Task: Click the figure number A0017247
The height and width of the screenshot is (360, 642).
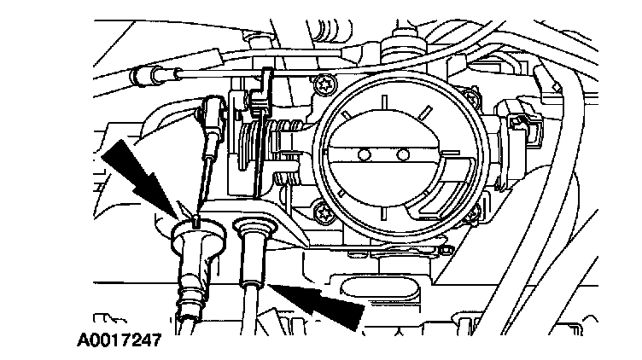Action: [x=118, y=346]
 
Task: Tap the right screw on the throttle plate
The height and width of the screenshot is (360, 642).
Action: [x=402, y=155]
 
